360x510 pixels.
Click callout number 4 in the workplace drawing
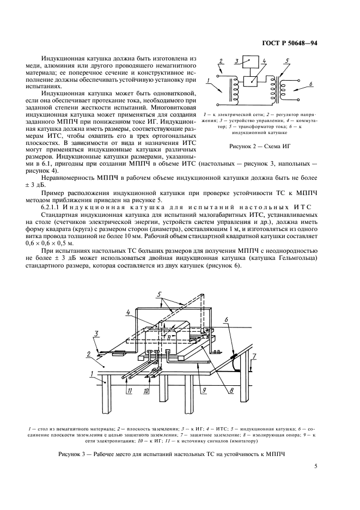coord(127,313)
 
